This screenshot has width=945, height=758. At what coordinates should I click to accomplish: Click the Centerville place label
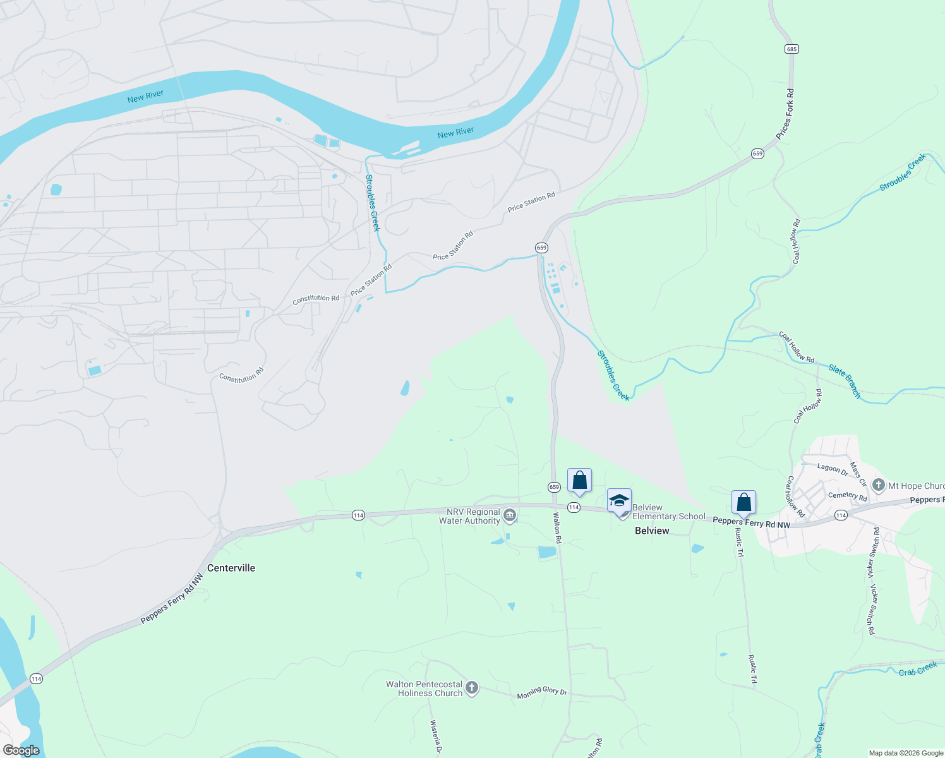[231, 568]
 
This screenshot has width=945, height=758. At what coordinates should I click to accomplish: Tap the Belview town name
[652, 531]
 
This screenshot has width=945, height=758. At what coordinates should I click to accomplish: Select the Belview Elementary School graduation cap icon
[619, 502]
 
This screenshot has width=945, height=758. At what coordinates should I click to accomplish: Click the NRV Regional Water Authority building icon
[510, 515]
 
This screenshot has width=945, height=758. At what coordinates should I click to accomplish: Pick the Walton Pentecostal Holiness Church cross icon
[471, 687]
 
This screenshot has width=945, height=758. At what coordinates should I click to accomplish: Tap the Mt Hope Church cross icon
[878, 485]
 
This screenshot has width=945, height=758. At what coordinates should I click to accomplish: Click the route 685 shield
[792, 49]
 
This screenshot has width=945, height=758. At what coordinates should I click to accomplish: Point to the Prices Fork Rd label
[785, 114]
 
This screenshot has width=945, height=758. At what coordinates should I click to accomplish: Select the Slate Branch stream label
[845, 382]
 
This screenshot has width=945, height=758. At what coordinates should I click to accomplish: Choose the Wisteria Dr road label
[435, 737]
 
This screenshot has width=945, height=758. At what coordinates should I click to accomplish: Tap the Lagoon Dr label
[833, 469]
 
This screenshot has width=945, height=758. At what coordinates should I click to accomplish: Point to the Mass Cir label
[857, 474]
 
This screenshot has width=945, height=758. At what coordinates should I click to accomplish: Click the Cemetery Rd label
[848, 496]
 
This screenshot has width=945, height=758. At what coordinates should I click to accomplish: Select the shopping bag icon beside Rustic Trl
[743, 503]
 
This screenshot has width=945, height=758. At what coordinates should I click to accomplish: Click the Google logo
[21, 750]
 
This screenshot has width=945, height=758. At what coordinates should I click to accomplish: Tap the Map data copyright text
[906, 753]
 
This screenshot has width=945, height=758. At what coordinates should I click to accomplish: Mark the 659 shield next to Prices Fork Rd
[757, 153]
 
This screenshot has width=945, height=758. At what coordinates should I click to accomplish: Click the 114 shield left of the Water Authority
[358, 515]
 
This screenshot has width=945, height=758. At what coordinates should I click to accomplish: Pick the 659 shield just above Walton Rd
[554, 487]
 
